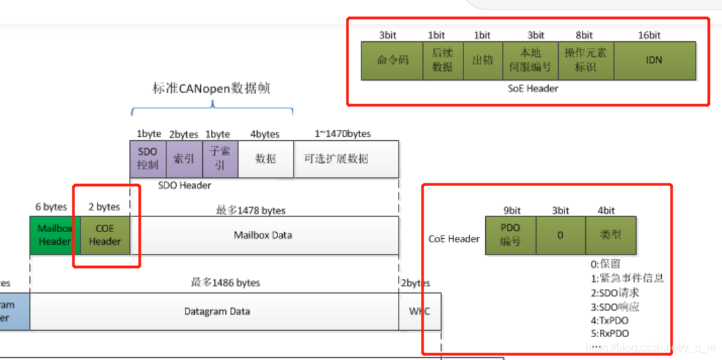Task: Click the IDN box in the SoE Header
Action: (654, 60)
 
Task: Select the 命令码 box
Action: (392, 60)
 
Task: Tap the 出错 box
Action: (482, 60)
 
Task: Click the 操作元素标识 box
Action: (585, 60)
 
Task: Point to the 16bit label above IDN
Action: (649, 35)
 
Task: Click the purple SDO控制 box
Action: (147, 159)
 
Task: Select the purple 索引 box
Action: (183, 159)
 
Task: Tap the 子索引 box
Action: (220, 159)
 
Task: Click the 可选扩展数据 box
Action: (346, 159)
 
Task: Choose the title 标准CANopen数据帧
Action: (212, 89)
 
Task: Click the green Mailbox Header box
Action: (54, 235)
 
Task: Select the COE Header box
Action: (104, 235)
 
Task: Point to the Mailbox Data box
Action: (263, 235)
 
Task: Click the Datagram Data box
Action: (217, 311)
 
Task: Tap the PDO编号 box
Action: (510, 235)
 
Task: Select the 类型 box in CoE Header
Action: (610, 235)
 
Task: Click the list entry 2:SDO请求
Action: (614, 292)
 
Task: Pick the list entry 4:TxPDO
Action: (608, 320)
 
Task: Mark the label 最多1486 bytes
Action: (225, 282)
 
